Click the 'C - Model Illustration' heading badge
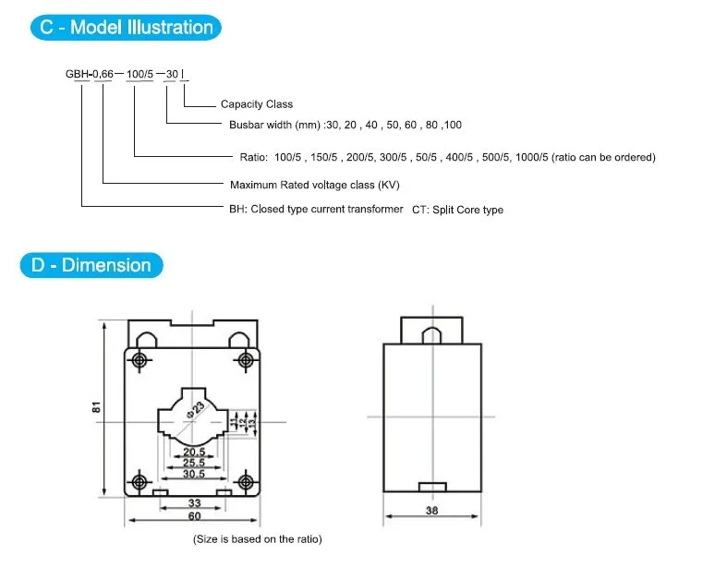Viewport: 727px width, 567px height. pyautogui.click(x=126, y=28)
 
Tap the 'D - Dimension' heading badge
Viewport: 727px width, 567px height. pyautogui.click(x=91, y=265)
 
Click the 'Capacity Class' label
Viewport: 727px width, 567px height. pyautogui.click(x=257, y=104)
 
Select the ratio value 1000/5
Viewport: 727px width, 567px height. pyautogui.click(x=531, y=157)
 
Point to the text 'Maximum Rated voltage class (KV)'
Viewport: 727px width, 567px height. pyautogui.click(x=314, y=185)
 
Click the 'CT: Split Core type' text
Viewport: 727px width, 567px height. pyautogui.click(x=457, y=210)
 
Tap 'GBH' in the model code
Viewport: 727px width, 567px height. pyautogui.click(x=77, y=74)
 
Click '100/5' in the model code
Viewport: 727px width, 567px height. pyautogui.click(x=139, y=74)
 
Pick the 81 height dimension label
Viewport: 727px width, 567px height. pyautogui.click(x=96, y=407)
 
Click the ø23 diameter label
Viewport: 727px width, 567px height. pyautogui.click(x=196, y=410)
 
